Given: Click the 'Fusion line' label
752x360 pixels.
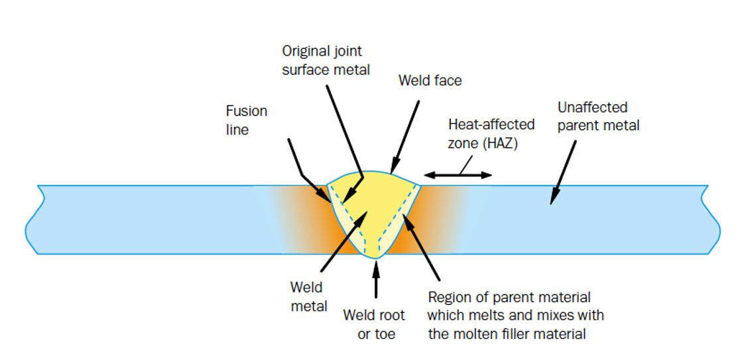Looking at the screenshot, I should click(x=247, y=120).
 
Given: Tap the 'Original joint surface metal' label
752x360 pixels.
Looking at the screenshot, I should click(x=326, y=60).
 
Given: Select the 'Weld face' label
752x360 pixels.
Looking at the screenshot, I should click(x=430, y=81).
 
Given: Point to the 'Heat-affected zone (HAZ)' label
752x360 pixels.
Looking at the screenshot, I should click(x=491, y=133).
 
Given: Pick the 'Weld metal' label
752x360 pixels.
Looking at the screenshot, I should click(x=308, y=296).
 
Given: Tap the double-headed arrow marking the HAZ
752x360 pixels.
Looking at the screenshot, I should click(x=458, y=175).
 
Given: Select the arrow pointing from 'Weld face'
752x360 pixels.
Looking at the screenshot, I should click(x=405, y=136).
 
